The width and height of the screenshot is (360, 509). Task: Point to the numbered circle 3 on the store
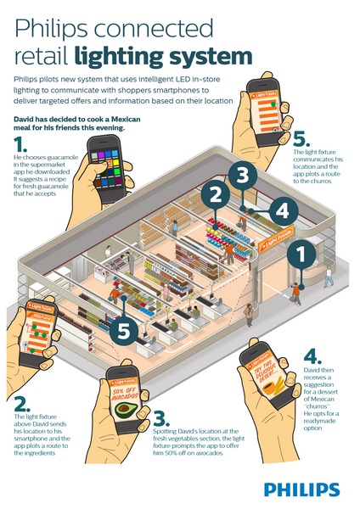tap(241, 176)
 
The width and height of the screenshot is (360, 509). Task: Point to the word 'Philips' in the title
tap(52, 28)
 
